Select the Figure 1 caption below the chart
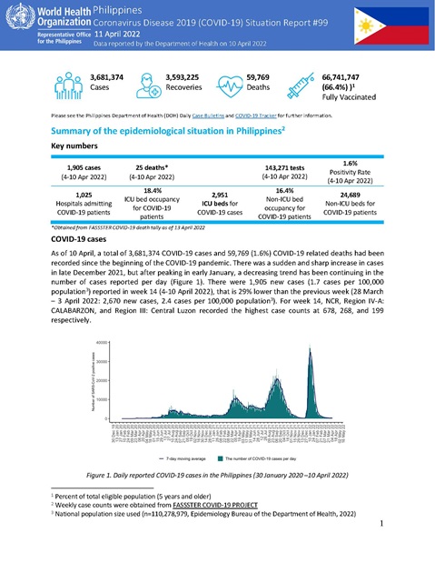(217, 474)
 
